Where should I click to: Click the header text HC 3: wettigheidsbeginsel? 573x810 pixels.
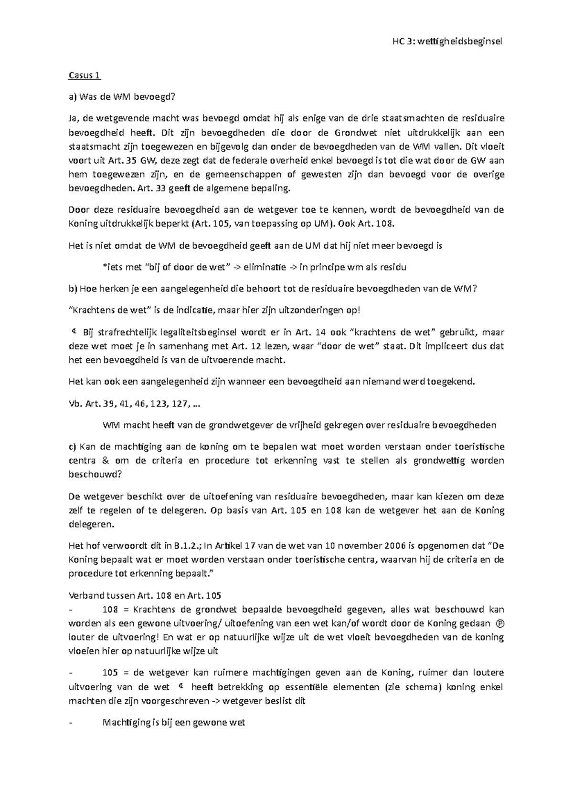tap(447, 41)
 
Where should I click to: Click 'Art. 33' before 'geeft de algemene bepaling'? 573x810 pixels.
tap(149, 188)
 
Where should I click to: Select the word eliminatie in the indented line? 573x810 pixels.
tap(265, 267)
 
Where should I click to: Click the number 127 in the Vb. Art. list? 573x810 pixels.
tap(177, 404)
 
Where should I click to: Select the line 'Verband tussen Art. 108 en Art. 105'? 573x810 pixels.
tap(145, 595)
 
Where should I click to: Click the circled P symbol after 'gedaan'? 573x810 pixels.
tap(500, 623)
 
